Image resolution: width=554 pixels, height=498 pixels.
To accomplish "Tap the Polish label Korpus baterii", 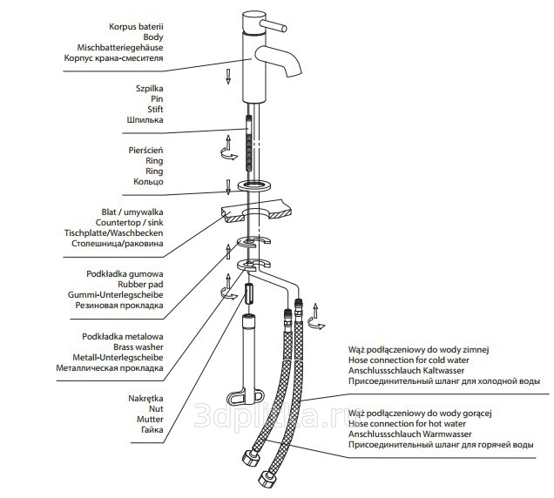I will pos(135,26).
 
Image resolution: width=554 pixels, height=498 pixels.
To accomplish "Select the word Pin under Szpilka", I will pos(156,99).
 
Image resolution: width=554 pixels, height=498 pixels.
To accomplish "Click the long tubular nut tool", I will pos(248,357).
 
